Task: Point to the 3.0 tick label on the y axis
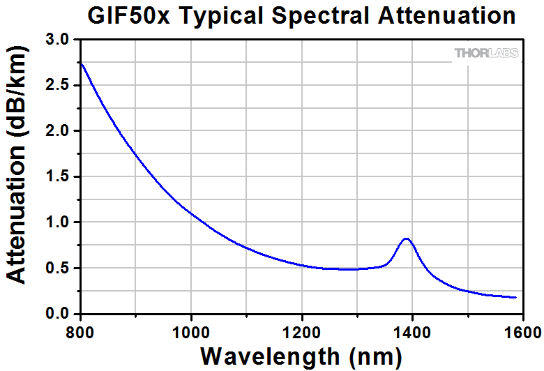point(58,40)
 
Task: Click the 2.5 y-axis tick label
point(58,86)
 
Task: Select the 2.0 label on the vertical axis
point(58,131)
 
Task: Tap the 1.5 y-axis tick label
point(58,177)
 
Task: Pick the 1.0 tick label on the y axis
point(58,222)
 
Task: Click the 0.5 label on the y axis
point(58,268)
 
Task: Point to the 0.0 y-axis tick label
point(58,314)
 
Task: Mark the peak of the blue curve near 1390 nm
point(406,238)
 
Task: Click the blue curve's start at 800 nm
point(81,63)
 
